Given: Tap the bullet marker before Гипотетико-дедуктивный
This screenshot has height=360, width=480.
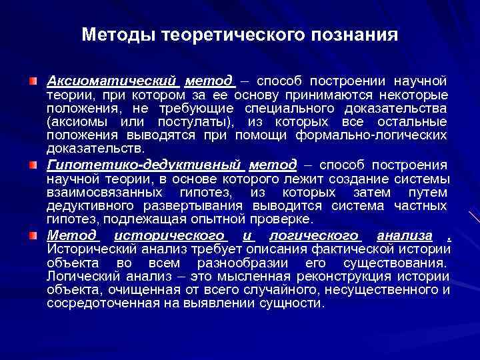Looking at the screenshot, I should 33,165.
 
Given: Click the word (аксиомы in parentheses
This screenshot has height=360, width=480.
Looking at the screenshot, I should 74,121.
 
